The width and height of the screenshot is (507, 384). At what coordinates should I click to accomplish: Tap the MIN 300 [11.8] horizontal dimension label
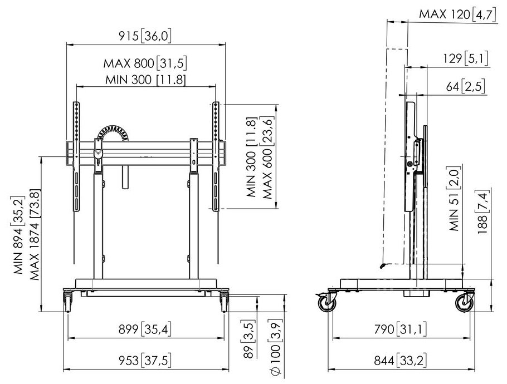pos(145,79)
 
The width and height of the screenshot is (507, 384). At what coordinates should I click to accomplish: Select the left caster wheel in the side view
pos(325,303)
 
